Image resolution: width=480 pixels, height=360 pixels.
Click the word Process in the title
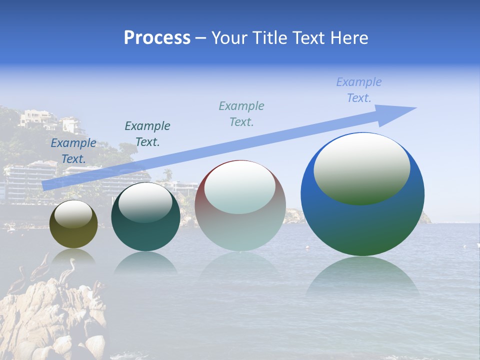point(157,38)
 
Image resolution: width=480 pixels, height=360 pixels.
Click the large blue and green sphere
point(362,220)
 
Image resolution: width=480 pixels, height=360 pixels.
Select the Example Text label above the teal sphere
point(147,134)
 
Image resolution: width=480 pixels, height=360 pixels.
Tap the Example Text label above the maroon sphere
point(241,113)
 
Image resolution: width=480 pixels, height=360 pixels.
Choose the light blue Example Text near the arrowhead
point(359,90)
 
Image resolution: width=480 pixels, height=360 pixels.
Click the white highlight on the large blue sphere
point(362,167)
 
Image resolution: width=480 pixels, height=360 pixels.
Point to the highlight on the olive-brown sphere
point(73,214)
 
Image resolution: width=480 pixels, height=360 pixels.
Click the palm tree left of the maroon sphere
point(168,174)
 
